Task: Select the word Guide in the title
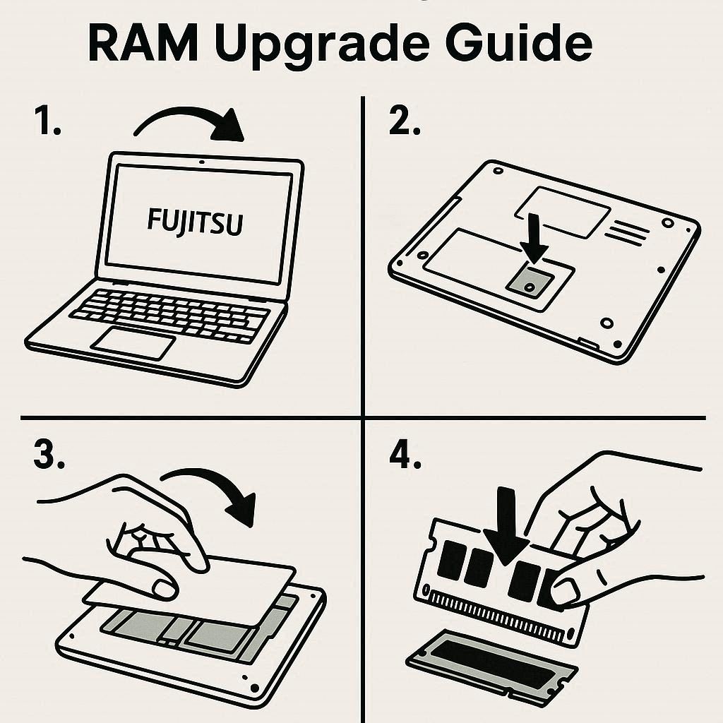(x=524, y=44)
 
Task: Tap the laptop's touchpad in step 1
(x=133, y=345)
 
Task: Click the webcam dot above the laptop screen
(x=202, y=162)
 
